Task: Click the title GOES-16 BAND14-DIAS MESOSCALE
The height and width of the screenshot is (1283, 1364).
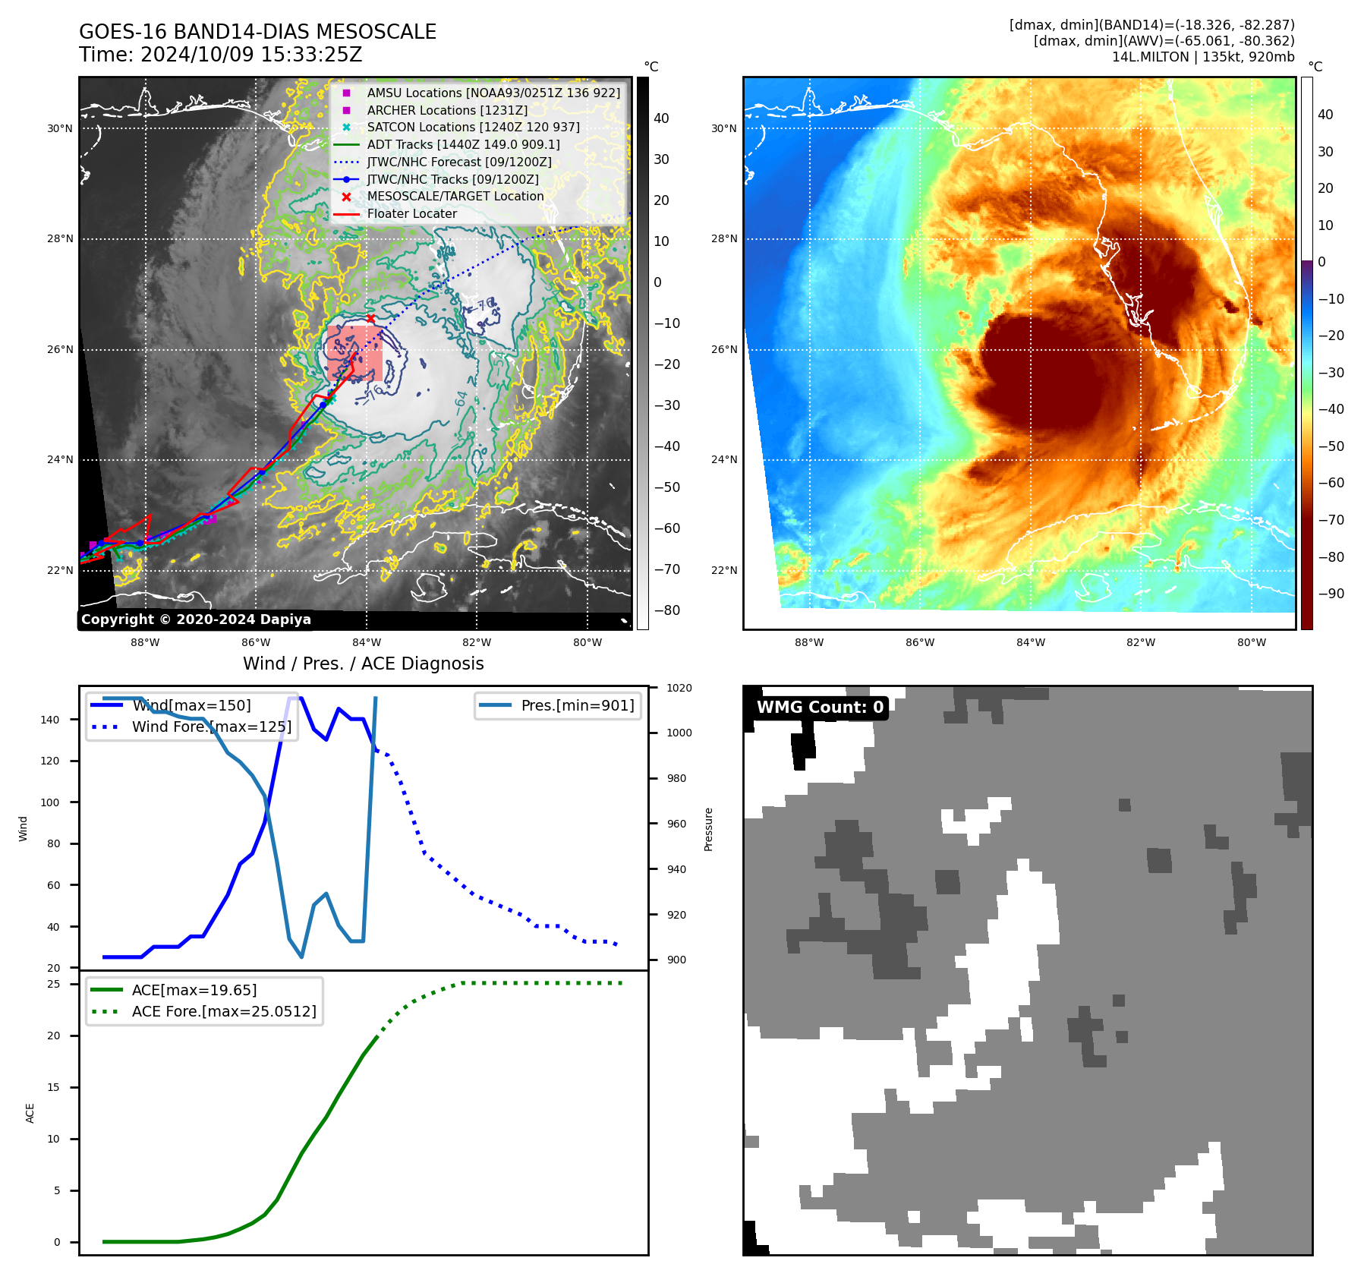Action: point(257,32)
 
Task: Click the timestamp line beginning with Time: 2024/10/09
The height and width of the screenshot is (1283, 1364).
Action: point(220,55)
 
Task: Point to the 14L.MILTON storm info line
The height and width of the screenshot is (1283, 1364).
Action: point(1202,57)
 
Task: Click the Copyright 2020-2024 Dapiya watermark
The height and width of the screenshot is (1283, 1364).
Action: point(196,619)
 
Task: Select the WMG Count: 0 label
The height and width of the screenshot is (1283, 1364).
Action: point(820,708)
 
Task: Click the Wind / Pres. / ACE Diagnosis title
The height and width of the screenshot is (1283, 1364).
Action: point(363,664)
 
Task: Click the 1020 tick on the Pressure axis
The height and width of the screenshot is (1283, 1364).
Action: point(679,688)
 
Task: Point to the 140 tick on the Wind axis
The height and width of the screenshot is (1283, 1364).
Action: point(49,720)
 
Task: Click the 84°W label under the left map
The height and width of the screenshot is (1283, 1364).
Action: point(366,642)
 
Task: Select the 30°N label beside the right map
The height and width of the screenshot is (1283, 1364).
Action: point(723,128)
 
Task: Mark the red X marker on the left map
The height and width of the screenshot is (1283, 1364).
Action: point(370,319)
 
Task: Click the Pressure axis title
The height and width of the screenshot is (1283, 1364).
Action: point(708,829)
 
